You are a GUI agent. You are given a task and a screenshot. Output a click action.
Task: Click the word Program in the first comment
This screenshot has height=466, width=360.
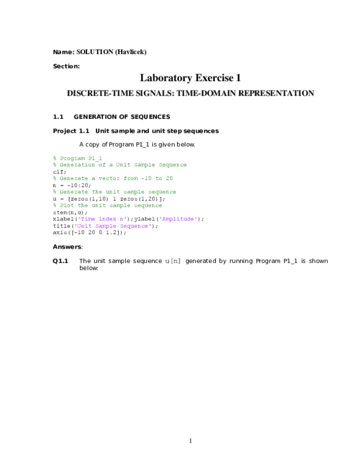point(73,158)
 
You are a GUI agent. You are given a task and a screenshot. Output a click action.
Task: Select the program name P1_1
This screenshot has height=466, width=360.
point(95,158)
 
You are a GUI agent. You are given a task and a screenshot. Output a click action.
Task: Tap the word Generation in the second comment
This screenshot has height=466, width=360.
point(78,165)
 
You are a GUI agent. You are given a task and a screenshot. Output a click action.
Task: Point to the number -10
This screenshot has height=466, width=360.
point(146,178)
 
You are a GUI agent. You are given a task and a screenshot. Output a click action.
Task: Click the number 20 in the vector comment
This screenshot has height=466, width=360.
point(169,178)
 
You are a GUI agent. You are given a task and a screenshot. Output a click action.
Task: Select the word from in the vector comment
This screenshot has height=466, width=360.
point(131,178)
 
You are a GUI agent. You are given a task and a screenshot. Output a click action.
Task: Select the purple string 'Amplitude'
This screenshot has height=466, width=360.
point(178,219)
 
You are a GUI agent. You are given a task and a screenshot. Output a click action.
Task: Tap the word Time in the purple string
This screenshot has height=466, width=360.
point(88,219)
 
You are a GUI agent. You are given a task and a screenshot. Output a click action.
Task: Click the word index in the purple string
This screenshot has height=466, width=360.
point(107,219)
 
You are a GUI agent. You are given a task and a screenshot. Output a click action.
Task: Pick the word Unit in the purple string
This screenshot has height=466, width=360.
point(84,226)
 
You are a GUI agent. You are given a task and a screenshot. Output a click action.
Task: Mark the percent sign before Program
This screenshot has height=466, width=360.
point(55,158)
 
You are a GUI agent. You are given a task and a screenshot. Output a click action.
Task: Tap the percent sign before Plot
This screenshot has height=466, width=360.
point(55,205)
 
